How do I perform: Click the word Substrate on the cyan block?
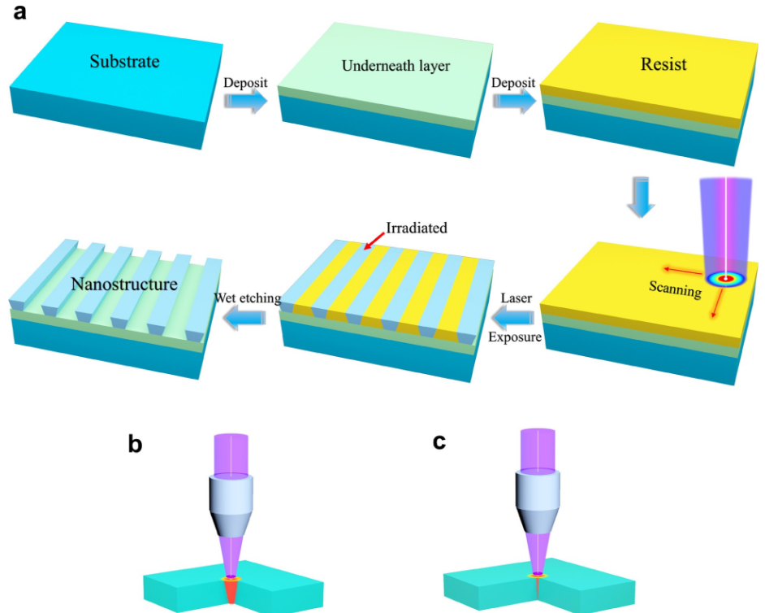(124, 62)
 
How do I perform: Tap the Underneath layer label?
(395, 66)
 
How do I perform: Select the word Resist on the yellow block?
(663, 64)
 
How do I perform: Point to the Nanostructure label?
(124, 284)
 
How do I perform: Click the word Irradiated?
(417, 228)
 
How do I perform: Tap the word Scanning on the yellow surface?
(675, 289)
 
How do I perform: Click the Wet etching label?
(248, 298)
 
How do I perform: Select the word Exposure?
(515, 337)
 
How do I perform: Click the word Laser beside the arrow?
(516, 298)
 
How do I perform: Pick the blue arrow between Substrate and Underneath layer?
(246, 101)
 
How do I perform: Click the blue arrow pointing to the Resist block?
(514, 101)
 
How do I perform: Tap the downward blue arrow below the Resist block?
(641, 197)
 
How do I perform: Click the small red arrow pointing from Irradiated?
(374, 241)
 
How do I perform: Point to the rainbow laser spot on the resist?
(725, 279)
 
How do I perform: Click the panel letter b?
(135, 445)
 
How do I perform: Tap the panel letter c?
(439, 441)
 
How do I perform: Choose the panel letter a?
(20, 12)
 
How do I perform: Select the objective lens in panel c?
(537, 501)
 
